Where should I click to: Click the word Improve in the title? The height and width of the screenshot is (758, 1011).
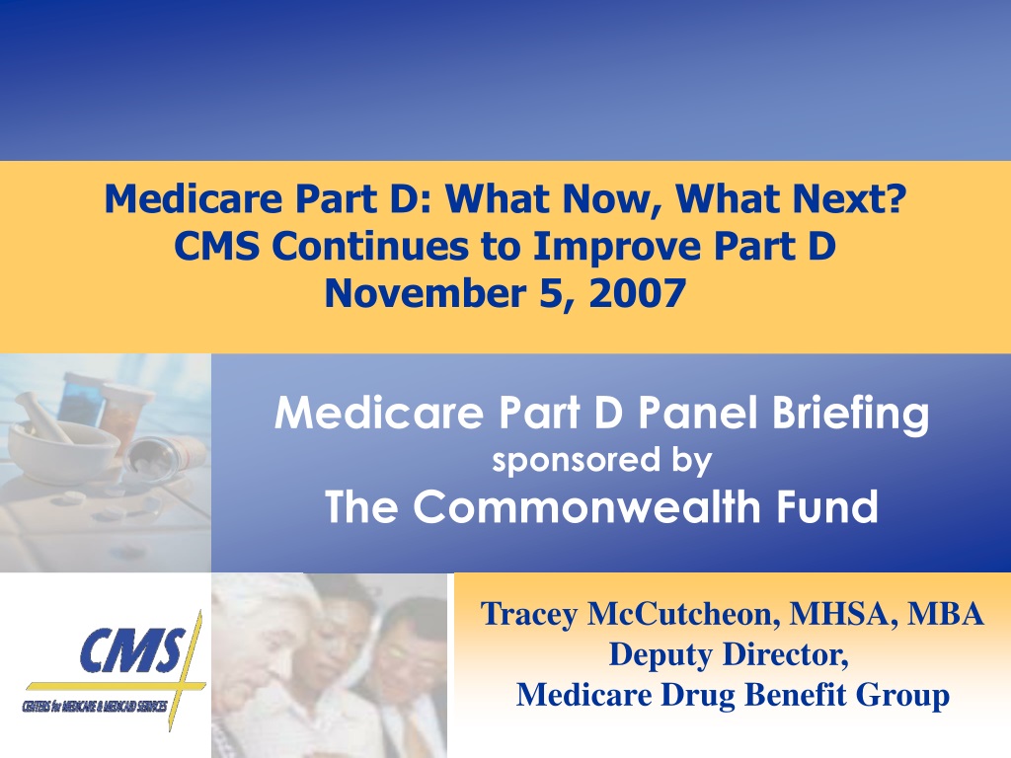point(618,247)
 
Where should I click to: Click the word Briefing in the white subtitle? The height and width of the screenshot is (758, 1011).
point(851,414)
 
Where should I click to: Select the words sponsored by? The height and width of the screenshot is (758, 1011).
point(601,461)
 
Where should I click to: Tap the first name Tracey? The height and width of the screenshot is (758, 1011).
point(529,614)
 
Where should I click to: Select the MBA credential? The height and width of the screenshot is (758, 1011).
point(946,613)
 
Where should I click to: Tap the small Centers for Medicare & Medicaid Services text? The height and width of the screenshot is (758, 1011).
point(95,706)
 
